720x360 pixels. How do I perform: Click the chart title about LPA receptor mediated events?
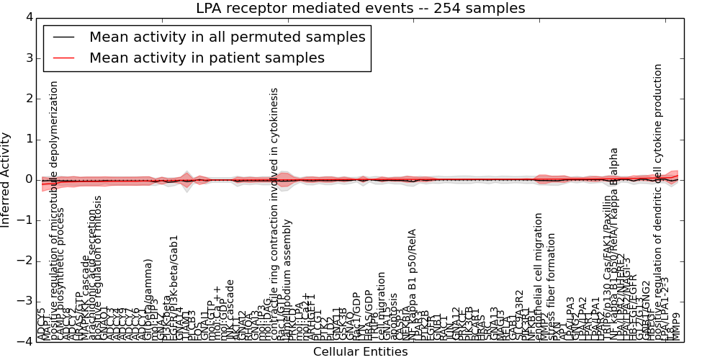pyautogui.click(x=360, y=8)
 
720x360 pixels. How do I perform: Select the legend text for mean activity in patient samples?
pyautogui.click(x=207, y=58)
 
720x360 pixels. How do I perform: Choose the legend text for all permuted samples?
pyautogui.click(x=227, y=37)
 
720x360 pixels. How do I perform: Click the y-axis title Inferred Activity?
pyautogui.click(x=6, y=179)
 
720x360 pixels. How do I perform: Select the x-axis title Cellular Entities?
pyautogui.click(x=360, y=352)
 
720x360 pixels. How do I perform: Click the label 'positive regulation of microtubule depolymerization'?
pyautogui.click(x=54, y=209)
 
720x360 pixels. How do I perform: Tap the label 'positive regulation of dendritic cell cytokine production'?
pyautogui.click(x=658, y=202)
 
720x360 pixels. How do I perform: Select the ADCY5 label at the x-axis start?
pyautogui.click(x=41, y=325)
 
